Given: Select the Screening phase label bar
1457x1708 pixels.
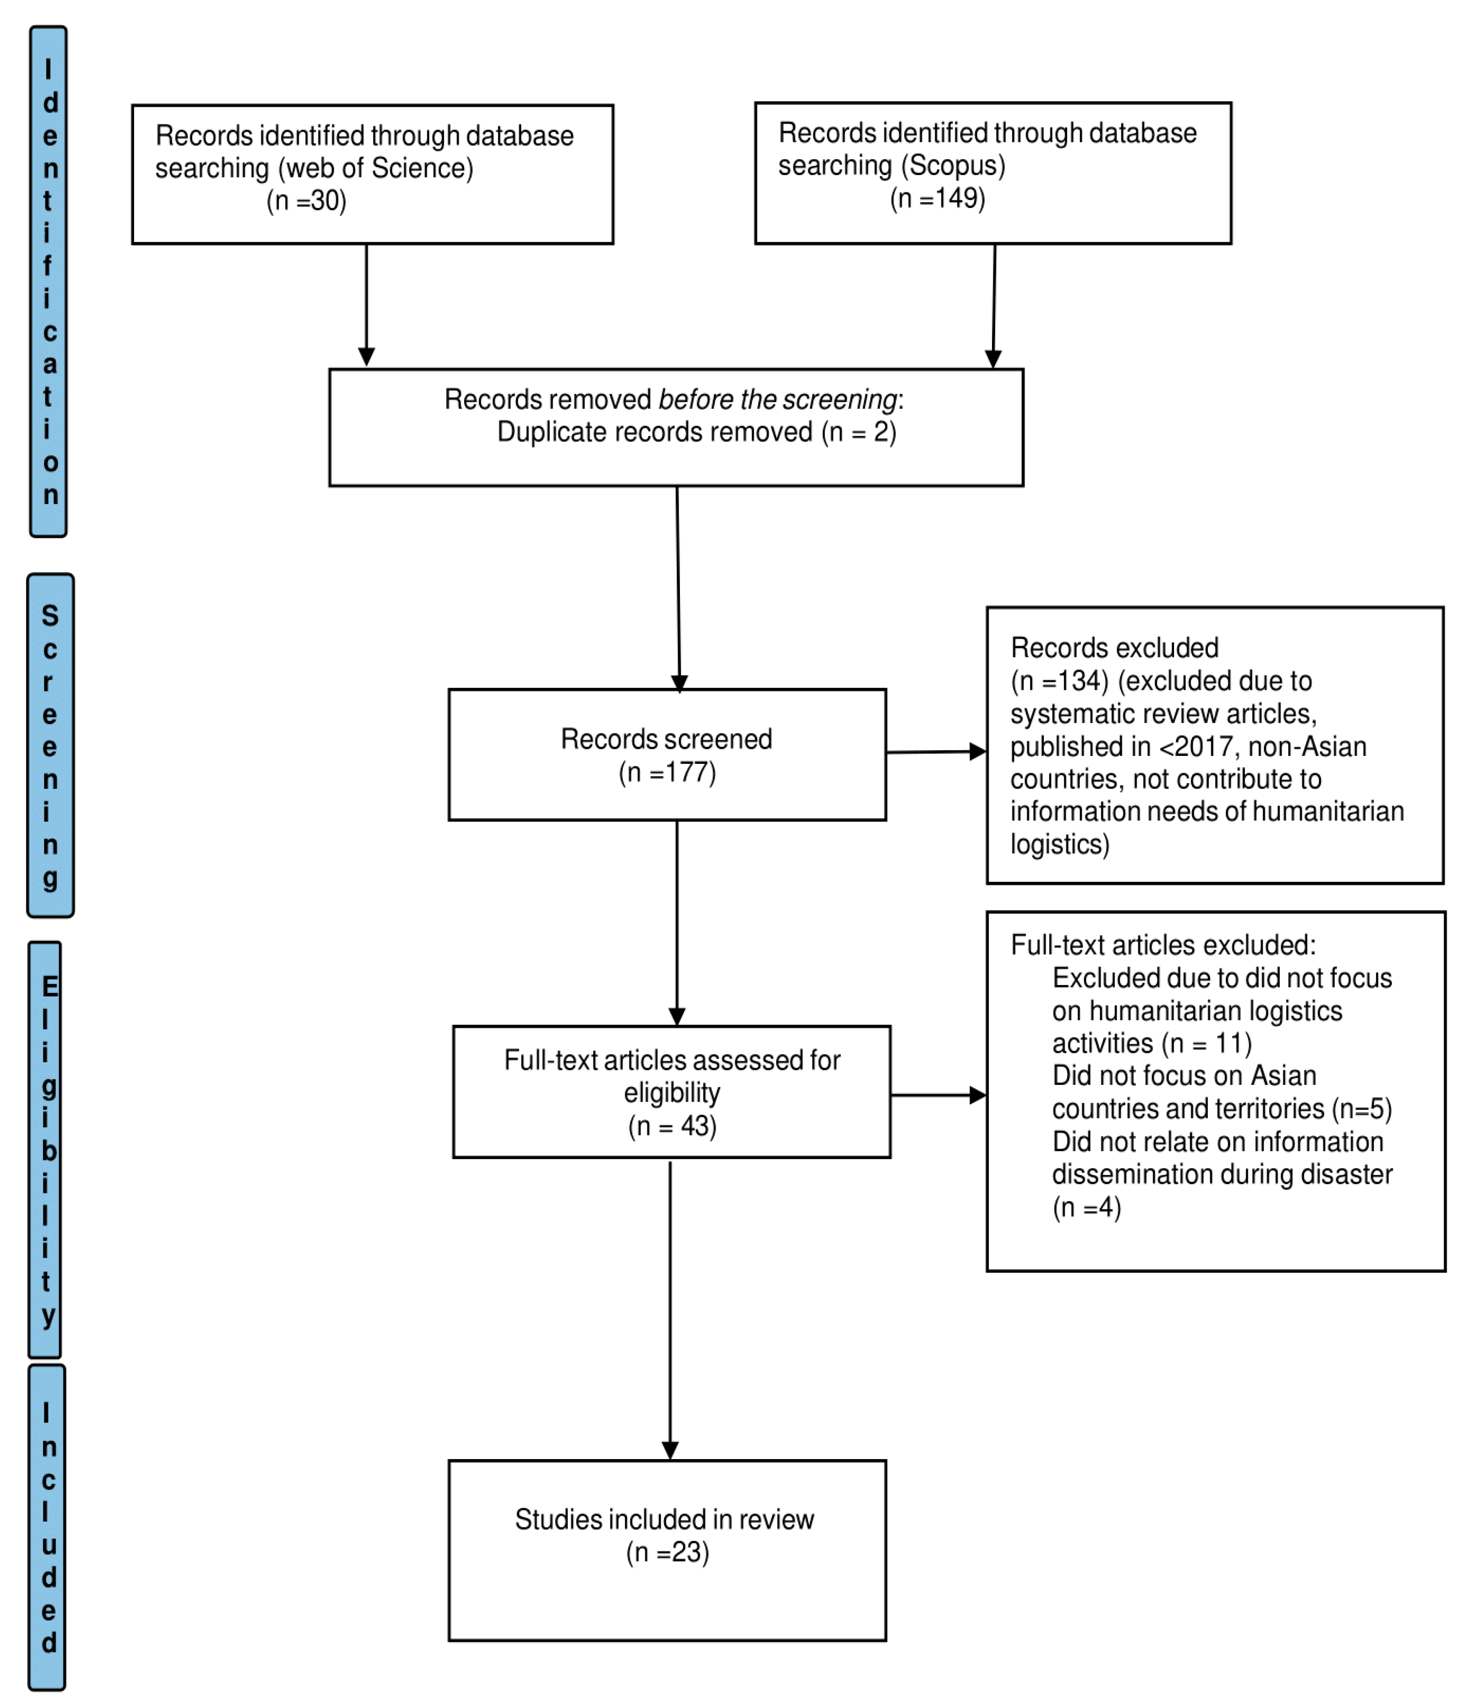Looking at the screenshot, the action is pyautogui.click(x=50, y=746).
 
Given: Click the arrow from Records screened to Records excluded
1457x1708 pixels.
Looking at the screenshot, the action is pyautogui.click(x=936, y=752).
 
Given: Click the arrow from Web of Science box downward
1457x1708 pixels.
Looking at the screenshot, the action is pyautogui.click(x=367, y=305).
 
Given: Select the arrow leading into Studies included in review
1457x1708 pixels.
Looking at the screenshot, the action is pyautogui.click(x=670, y=1310).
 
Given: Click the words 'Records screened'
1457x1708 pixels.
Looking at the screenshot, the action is pyautogui.click(x=667, y=739).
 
